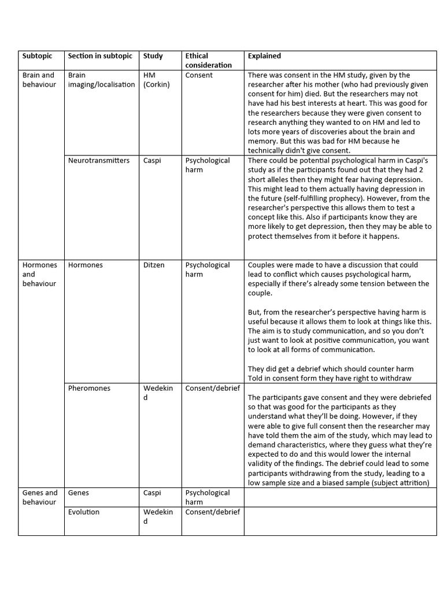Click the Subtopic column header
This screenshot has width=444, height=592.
point(37,56)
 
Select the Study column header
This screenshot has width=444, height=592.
point(153,56)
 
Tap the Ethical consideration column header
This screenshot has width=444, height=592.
point(200,61)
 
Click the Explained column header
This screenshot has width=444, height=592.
point(264,56)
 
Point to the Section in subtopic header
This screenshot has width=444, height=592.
point(100,56)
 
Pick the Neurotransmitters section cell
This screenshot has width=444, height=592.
point(99,161)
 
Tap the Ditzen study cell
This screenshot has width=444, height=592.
point(154,265)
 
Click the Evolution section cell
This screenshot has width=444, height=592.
point(84,512)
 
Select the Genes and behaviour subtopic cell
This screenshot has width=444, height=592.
point(40,498)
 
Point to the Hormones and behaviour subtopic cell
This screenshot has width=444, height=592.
point(40,275)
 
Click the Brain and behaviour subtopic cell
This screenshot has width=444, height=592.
point(39,80)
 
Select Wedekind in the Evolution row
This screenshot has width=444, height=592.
point(157,516)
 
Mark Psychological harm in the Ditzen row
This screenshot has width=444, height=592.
point(208,270)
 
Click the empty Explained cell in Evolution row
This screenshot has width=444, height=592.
point(340,521)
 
